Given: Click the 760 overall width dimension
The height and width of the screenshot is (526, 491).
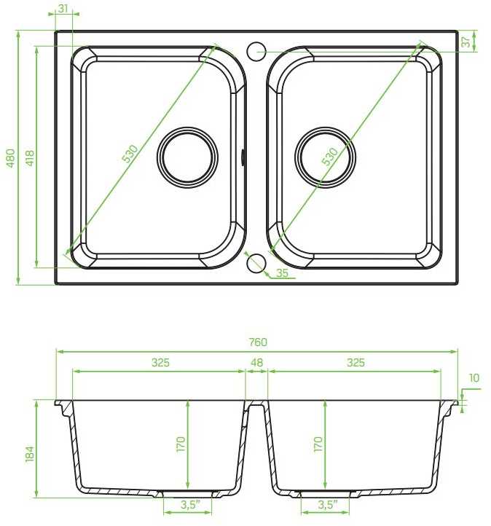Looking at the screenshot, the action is [x=258, y=342].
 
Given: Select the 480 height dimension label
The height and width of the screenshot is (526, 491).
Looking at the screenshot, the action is [x=11, y=158].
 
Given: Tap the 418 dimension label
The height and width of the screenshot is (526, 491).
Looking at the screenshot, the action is [x=30, y=158].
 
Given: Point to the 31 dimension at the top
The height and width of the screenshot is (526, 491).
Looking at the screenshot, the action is [x=63, y=9].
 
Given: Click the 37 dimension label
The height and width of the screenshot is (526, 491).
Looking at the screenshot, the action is [x=466, y=42].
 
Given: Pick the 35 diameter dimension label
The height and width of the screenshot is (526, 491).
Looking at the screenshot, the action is [x=282, y=272].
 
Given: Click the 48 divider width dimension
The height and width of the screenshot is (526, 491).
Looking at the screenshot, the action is [x=257, y=363].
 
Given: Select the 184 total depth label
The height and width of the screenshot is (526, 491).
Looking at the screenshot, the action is [x=30, y=454].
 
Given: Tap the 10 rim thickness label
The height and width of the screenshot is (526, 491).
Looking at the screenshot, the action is [x=474, y=378].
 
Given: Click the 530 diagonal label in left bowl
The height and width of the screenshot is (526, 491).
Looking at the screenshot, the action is [x=130, y=154].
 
